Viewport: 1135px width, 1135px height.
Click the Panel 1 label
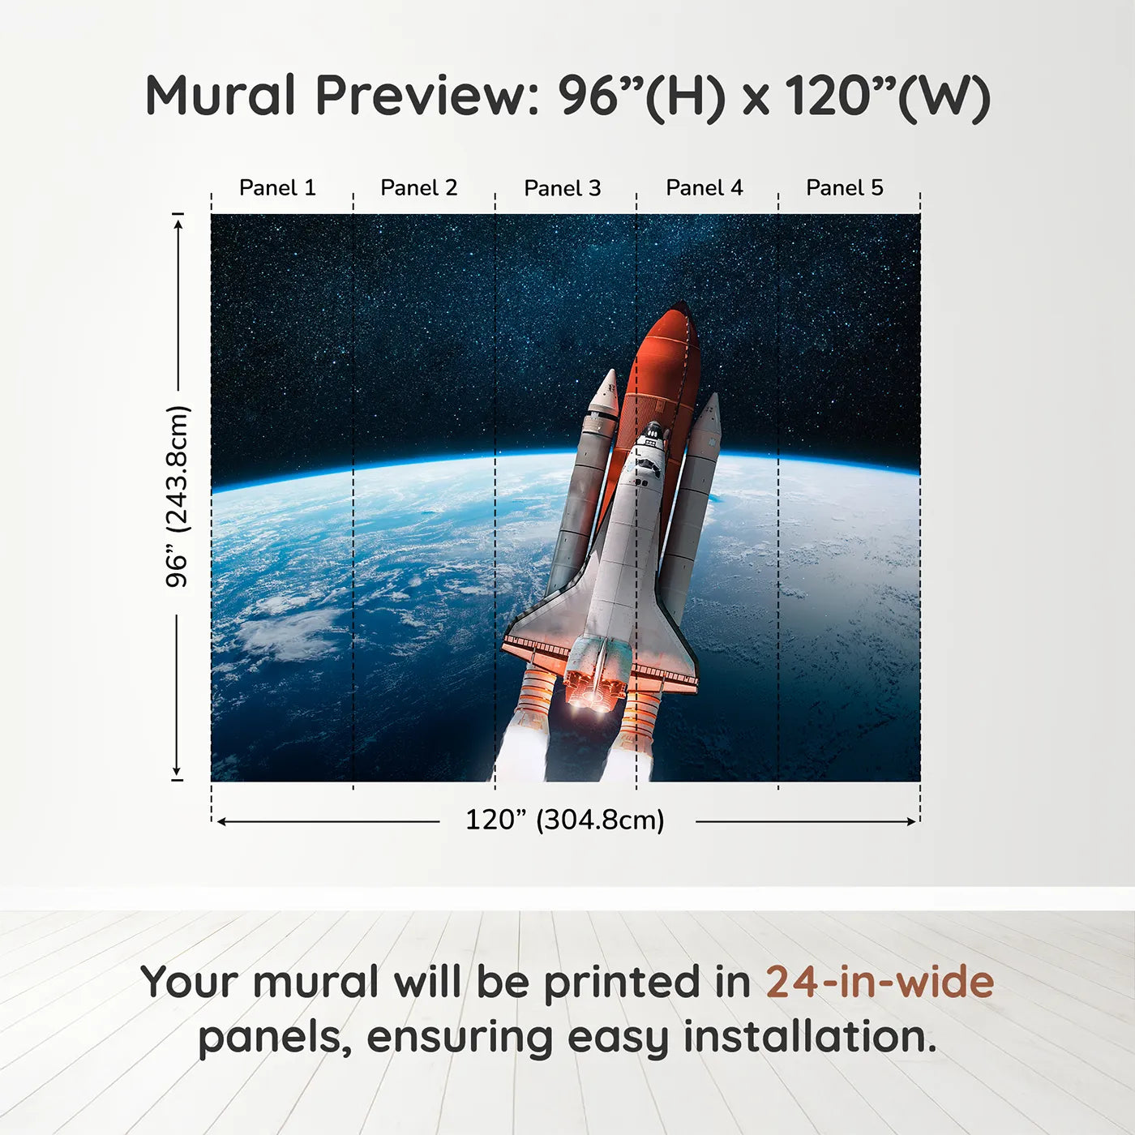point(277,188)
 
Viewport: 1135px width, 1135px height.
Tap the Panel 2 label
point(419,188)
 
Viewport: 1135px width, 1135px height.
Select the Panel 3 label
point(563,188)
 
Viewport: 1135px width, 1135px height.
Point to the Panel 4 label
point(705,188)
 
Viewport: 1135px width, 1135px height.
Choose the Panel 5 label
point(845,188)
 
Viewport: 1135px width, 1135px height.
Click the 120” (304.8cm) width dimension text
point(565,820)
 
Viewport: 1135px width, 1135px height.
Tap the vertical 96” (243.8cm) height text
point(177,496)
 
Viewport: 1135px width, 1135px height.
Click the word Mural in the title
point(221,96)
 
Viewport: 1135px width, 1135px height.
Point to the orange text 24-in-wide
point(880,982)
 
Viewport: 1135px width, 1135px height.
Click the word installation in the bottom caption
point(808,1037)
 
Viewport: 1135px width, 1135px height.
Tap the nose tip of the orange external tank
point(679,307)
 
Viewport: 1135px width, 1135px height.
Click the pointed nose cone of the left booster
point(610,375)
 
